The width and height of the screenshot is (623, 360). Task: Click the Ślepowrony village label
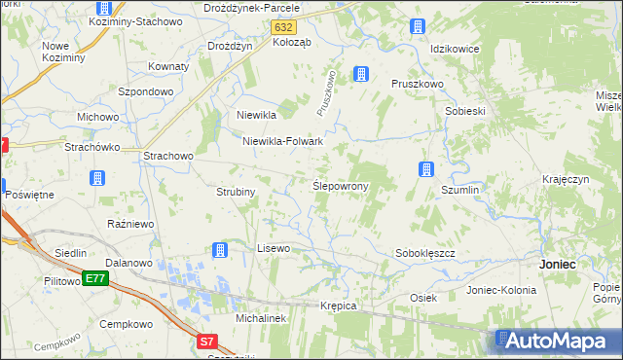coord(339,185)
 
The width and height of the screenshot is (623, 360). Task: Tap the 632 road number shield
coord(283,28)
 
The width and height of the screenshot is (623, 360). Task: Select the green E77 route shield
coord(94,278)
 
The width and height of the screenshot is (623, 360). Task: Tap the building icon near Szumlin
coord(426,169)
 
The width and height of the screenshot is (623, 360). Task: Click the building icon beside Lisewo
coord(220,250)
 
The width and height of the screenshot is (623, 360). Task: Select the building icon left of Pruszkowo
coord(361,74)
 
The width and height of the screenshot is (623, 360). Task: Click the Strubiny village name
coord(236,192)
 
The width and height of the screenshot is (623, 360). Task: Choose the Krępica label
coord(339,306)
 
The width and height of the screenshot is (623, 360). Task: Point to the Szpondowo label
coord(146,91)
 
